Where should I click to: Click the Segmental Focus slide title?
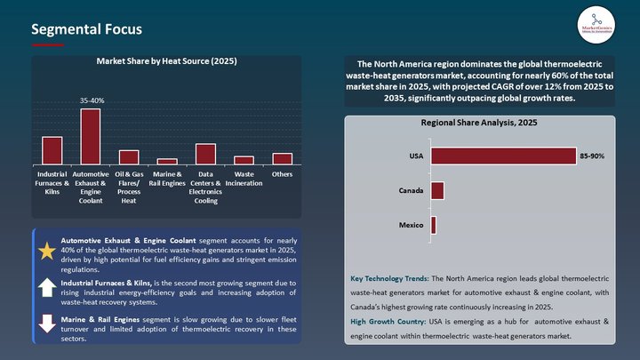(86, 29)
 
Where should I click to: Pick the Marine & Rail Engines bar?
(167, 161)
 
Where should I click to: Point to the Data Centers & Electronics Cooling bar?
(205, 153)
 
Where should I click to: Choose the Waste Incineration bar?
(244, 159)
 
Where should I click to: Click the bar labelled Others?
(282, 158)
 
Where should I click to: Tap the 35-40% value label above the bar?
(91, 101)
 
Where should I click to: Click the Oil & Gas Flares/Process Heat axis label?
(129, 187)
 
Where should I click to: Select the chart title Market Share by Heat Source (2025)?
(166, 62)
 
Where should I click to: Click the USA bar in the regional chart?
(503, 156)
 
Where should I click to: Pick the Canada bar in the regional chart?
(437, 191)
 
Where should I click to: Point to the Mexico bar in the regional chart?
(434, 226)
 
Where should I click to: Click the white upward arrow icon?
(47, 287)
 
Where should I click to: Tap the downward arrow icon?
(47, 324)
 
